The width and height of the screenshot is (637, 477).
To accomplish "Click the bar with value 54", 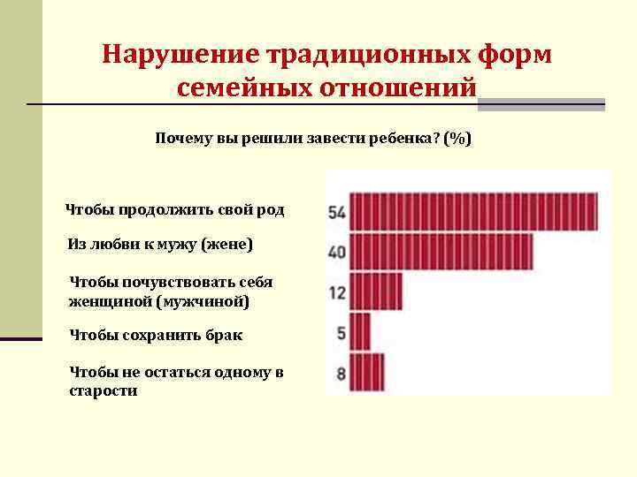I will [x=473, y=212].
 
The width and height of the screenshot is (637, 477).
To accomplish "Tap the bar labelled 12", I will [x=376, y=291].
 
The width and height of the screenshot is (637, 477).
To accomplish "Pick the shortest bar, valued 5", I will [x=360, y=332].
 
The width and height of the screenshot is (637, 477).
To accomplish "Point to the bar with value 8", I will [x=367, y=372].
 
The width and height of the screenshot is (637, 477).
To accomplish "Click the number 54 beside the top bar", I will [x=336, y=213].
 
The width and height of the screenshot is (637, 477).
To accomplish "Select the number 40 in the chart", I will [x=336, y=253].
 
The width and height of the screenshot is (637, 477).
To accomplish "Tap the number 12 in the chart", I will [x=337, y=292].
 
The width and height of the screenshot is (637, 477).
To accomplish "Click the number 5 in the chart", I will [x=341, y=333].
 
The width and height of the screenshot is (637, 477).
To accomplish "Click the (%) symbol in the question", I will [x=457, y=139].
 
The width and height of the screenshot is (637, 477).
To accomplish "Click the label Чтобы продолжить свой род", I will [x=175, y=210].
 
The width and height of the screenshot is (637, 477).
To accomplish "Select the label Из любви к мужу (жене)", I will [x=160, y=244].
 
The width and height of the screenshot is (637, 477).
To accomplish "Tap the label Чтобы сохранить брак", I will [x=156, y=336].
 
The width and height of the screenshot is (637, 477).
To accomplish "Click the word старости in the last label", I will [x=104, y=390].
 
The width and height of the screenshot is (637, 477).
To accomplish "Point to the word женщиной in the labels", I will [x=110, y=301].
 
